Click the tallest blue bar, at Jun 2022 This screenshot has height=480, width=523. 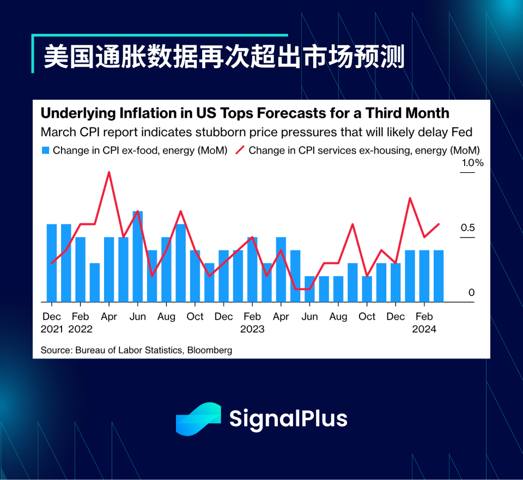[138, 257]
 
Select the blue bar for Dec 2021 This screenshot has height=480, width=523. [52, 263]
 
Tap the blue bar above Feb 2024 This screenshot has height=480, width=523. [424, 276]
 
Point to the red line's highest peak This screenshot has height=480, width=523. [109, 172]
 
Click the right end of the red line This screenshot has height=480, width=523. [439, 224]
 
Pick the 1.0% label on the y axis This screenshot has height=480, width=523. [472, 163]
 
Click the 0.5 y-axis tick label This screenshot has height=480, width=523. [467, 228]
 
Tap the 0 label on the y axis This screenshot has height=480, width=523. [471, 293]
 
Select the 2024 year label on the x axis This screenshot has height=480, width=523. [424, 329]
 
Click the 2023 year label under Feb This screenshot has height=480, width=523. [252, 329]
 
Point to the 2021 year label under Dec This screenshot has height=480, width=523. [52, 329]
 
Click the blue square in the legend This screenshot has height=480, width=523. [45, 150]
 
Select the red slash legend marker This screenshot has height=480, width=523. [240, 150]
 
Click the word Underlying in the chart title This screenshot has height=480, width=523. [78, 114]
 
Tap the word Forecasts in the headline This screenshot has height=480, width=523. [291, 113]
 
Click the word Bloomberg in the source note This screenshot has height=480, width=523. [209, 350]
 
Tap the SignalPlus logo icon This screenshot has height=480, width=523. [198, 419]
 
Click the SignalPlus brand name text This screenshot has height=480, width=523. [288, 419]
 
